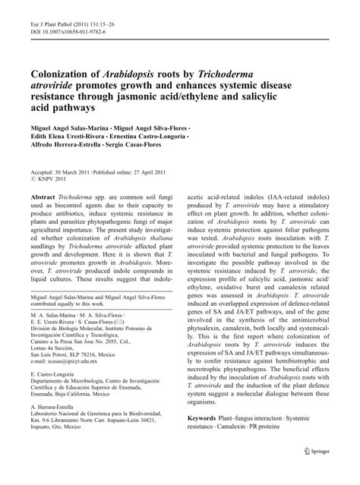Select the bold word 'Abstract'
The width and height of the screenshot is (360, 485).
coord(46,217)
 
